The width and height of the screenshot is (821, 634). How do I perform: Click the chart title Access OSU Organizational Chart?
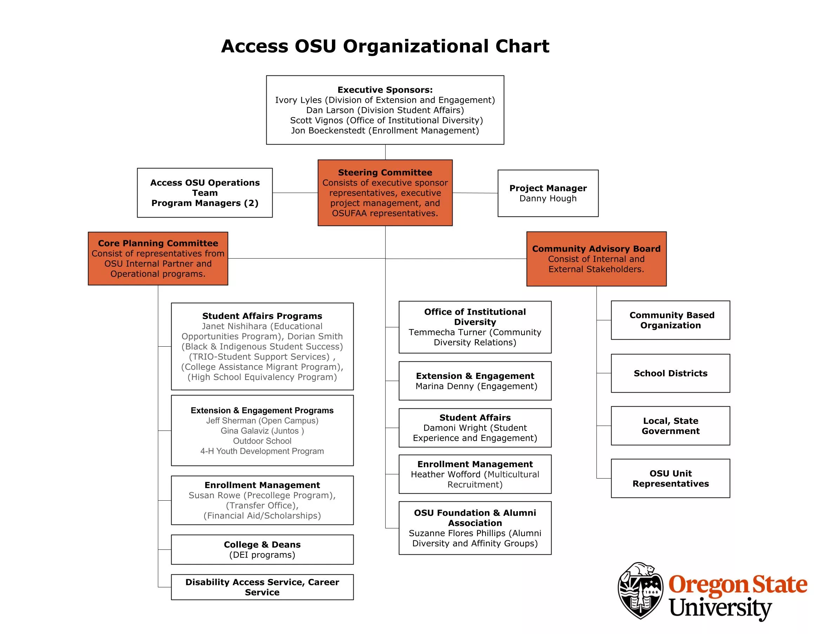pos(385,46)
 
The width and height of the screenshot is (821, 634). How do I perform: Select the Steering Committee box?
pos(385,192)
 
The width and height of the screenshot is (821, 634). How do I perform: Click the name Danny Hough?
pos(548,199)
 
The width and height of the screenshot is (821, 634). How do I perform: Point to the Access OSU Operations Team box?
pos(205,192)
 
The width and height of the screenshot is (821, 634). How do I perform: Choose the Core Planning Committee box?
pos(158,258)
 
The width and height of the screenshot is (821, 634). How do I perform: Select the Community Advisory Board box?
pos(596,259)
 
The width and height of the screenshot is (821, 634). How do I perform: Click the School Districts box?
pos(670,373)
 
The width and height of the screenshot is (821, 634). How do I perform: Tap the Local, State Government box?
pos(670,426)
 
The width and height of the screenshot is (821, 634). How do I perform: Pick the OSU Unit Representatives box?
pos(670,479)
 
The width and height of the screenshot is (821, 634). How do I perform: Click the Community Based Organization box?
pos(670,320)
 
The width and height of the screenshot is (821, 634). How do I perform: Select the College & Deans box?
pos(262,549)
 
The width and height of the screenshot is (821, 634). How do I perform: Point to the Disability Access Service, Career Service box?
pos(262,587)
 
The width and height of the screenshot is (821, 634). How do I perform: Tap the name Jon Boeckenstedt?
pos(328,131)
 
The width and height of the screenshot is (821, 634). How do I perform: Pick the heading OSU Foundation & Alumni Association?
pos(475,518)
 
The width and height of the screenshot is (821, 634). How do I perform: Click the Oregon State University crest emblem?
pos(640,591)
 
